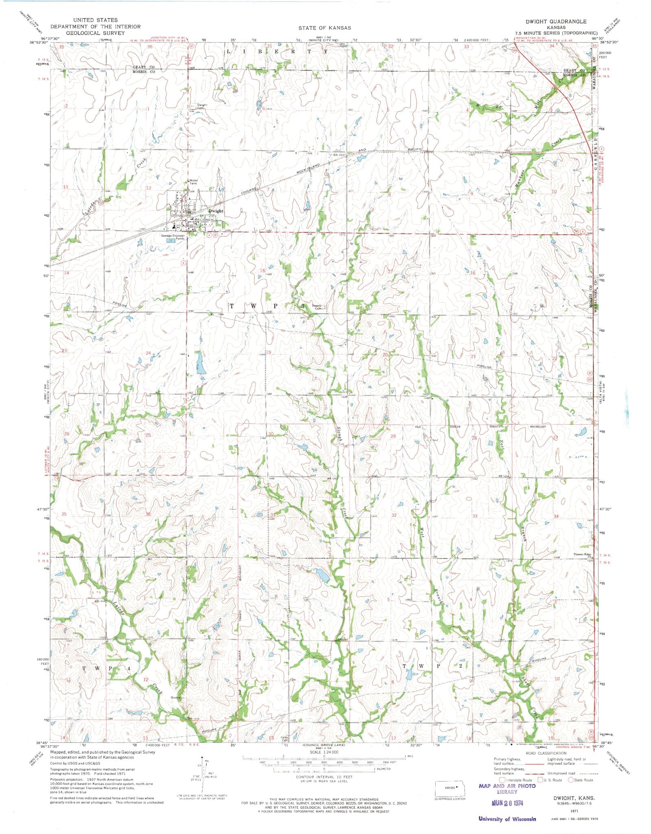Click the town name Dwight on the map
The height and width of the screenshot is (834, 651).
click(x=216, y=211)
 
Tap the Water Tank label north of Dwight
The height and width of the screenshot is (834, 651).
click(x=193, y=182)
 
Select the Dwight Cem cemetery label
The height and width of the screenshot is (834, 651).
click(x=202, y=106)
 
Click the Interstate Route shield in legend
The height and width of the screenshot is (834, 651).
click(x=502, y=779)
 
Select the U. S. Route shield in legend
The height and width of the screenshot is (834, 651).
click(x=541, y=779)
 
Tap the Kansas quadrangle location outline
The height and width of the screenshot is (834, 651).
click(x=450, y=788)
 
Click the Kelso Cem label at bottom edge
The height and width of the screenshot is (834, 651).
click(x=285, y=739)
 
